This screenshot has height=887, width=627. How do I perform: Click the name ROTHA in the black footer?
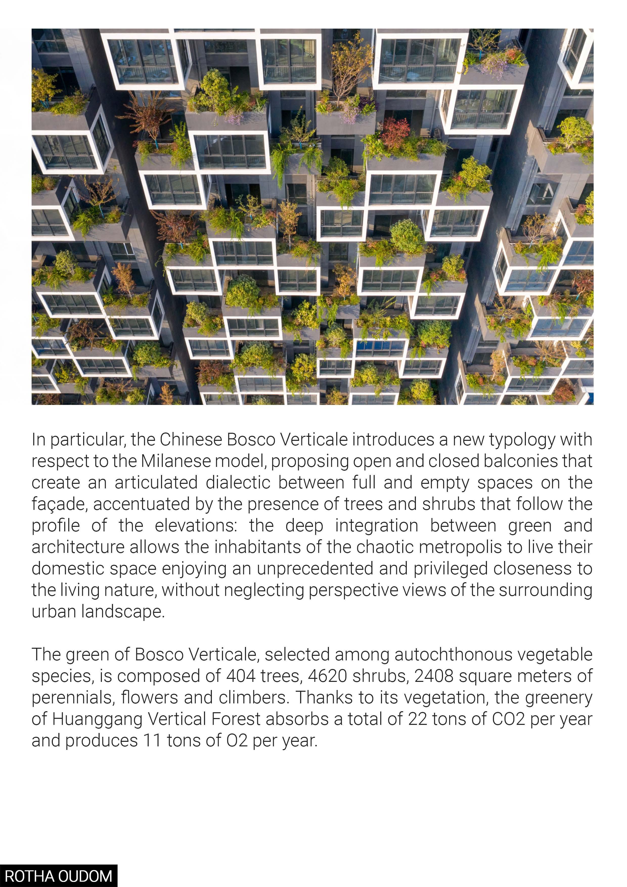(26, 876)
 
